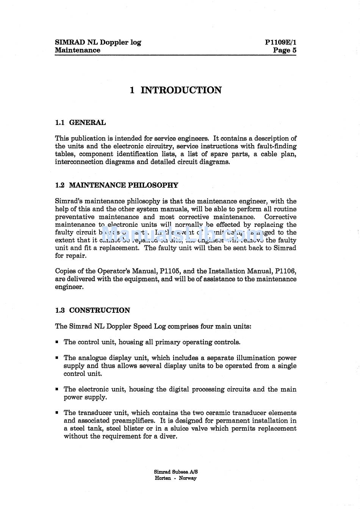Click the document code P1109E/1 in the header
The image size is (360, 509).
(x=280, y=42)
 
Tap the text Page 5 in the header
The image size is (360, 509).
(x=285, y=50)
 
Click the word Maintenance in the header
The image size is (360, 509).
(x=78, y=50)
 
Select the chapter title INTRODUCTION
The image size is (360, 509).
(x=181, y=90)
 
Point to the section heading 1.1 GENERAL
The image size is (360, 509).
(x=80, y=123)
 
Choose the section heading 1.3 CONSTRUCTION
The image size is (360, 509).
(x=92, y=311)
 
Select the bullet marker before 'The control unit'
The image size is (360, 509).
(x=57, y=342)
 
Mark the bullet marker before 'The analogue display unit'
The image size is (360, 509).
(x=57, y=358)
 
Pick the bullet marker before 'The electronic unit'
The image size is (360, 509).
(x=57, y=389)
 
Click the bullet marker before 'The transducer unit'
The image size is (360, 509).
(x=57, y=413)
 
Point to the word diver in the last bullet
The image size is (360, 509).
(x=168, y=436)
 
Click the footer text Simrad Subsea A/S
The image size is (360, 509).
(x=176, y=472)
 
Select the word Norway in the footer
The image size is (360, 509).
(x=188, y=478)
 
